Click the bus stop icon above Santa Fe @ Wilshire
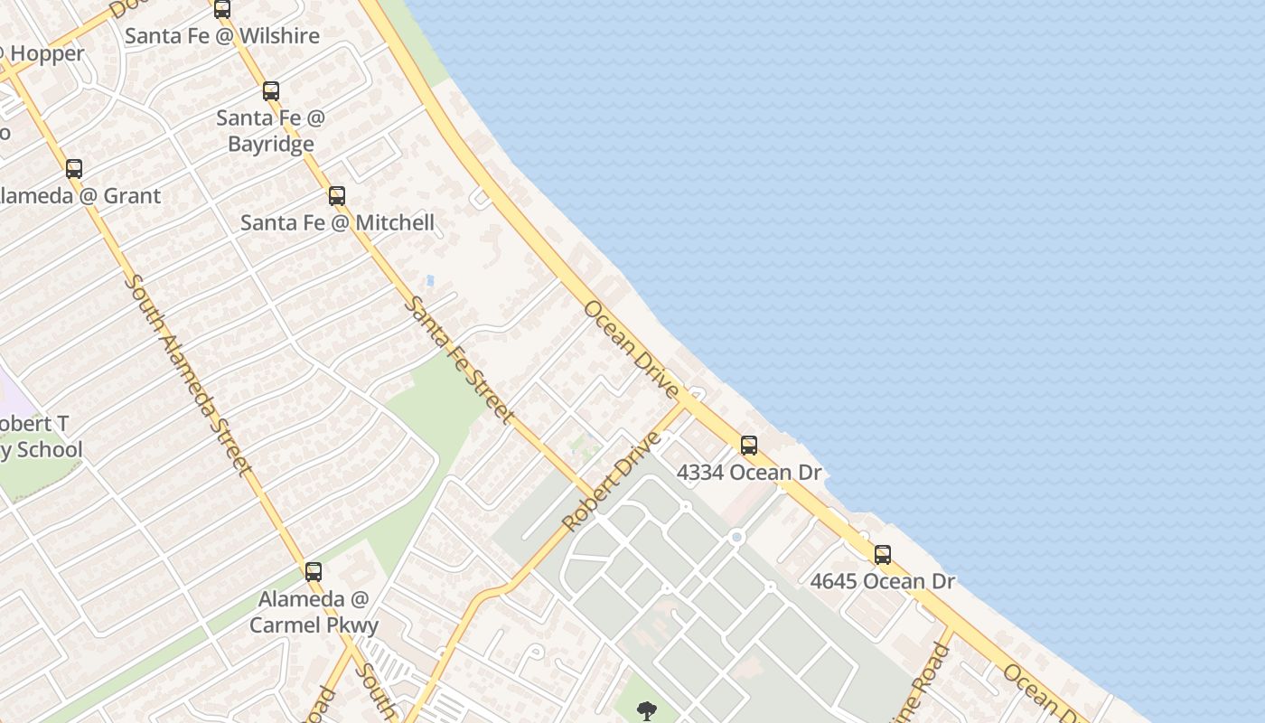tap(222, 9)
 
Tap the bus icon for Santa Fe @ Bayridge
tap(271, 91)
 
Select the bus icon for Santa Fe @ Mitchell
tap(337, 196)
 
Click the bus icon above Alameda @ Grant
tap(74, 169)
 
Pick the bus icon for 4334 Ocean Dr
tap(749, 446)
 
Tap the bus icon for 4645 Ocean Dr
tap(883, 555)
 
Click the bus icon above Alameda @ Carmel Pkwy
tap(314, 572)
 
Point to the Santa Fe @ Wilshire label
tap(222, 36)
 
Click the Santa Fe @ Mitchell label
tap(337, 223)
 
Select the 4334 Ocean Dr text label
tap(749, 473)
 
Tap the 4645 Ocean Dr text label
tap(883, 581)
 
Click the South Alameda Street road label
tap(186, 375)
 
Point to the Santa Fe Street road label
tap(458, 359)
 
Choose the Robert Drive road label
tap(612, 483)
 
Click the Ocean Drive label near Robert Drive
tap(631, 349)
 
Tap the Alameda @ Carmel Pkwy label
tap(314, 612)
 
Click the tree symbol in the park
tap(647, 711)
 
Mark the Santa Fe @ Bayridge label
tap(271, 131)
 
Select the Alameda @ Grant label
tap(80, 196)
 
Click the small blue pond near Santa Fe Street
tap(429, 281)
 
